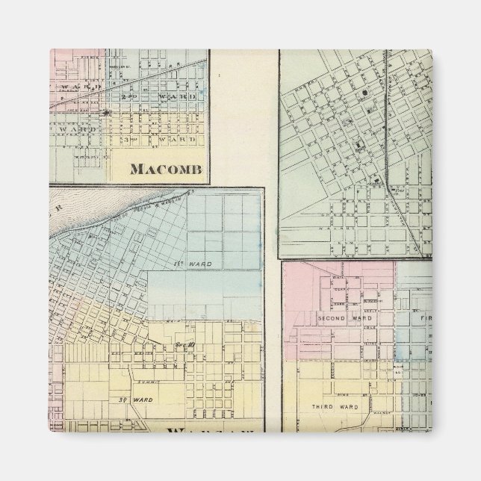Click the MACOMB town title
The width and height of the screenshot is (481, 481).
pos(167,168)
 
